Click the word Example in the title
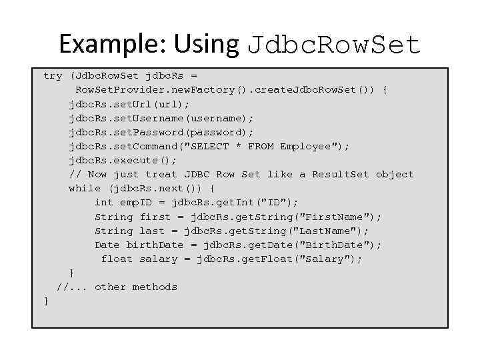tap(113, 44)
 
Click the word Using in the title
tap(206, 44)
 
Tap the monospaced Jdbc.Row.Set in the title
tap(334, 45)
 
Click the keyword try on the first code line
tap(53, 76)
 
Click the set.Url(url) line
tap(129, 104)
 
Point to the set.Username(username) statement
tap(161, 118)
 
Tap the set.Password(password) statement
tap(161, 132)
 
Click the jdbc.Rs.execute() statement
tap(123, 160)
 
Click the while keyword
tap(85, 189)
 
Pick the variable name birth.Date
tap(155, 245)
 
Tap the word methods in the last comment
tap(155, 287)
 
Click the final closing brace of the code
tap(46, 301)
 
